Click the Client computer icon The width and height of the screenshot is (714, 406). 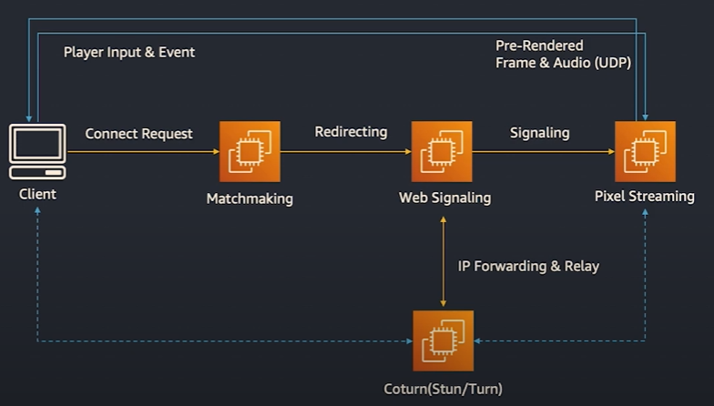37,151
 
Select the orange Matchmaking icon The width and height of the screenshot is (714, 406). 250,152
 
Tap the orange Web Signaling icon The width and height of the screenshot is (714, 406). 443,152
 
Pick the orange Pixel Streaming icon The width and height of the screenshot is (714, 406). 645,151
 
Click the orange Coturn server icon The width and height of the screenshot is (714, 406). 443,340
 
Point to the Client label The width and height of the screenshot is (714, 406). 37,194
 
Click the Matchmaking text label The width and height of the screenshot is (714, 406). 250,198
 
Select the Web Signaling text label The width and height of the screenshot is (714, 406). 444,198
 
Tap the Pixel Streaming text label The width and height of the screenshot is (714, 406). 645,196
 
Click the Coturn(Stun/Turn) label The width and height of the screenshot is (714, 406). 444,389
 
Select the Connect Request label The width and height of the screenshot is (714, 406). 138,134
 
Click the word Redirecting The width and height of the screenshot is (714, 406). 351,132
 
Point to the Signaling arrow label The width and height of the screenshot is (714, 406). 539,133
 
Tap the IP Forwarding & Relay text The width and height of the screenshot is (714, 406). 528,267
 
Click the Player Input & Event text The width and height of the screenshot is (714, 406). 129,52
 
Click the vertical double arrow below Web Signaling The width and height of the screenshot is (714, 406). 443,262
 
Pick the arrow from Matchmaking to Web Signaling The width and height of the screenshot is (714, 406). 346,152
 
